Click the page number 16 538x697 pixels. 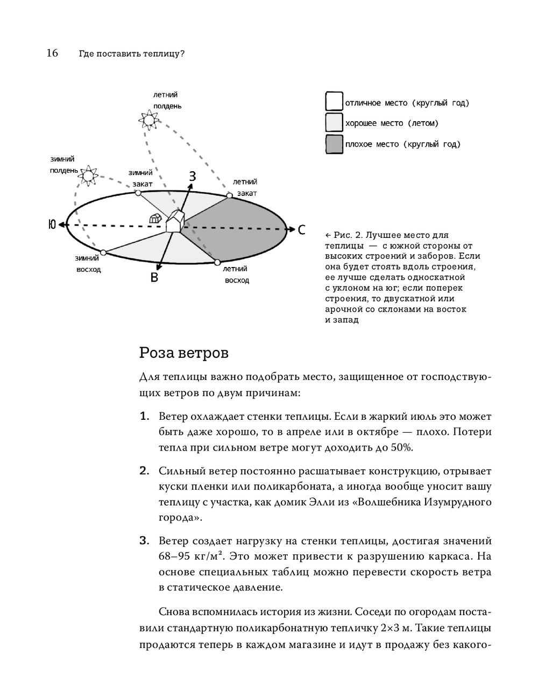click(x=52, y=53)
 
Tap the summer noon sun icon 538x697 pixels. click(x=148, y=119)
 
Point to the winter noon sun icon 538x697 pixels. click(x=87, y=175)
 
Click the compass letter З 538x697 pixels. click(x=192, y=176)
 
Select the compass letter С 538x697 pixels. click(x=301, y=230)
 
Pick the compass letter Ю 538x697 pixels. click(x=52, y=224)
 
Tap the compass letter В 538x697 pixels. click(x=154, y=278)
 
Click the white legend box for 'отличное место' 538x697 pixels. click(x=334, y=102)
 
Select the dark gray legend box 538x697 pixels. click(x=334, y=144)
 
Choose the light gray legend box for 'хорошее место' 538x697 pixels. click(x=334, y=123)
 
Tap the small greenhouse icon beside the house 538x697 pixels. click(x=155, y=219)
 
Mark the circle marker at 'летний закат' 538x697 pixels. click(x=229, y=195)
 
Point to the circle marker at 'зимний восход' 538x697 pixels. click(x=103, y=252)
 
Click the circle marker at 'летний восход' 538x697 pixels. click(x=217, y=262)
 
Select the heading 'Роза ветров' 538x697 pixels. click(x=184, y=353)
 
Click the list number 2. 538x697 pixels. click(x=144, y=471)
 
